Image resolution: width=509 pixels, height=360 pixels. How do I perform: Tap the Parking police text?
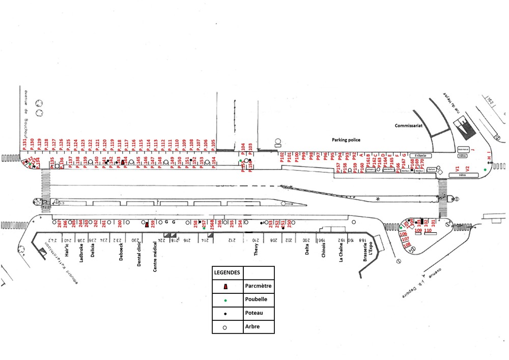347,139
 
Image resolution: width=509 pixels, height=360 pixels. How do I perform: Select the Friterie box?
420,155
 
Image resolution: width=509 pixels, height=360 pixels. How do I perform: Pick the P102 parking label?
282,157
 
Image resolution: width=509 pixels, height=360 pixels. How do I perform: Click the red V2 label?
467,169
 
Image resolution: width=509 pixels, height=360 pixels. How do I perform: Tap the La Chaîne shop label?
341,253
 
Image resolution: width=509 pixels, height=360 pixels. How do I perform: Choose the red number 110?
428,231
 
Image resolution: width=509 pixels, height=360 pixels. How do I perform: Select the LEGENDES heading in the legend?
228,272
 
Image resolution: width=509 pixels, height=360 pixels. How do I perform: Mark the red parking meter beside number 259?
147,224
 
